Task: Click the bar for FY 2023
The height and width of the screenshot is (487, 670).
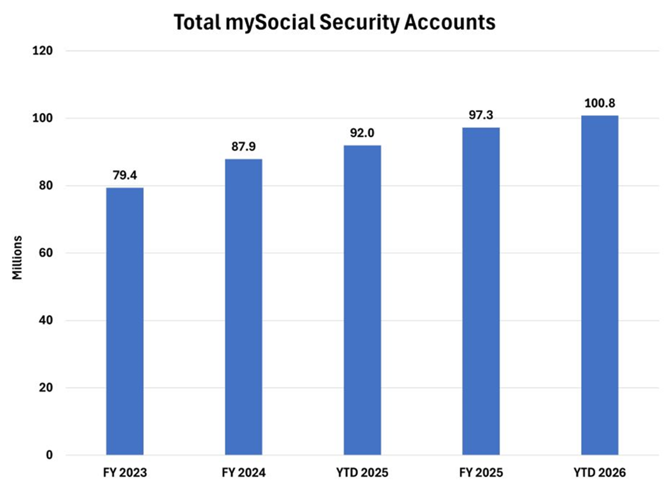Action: (x=125, y=321)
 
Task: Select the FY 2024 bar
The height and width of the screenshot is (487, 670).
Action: (x=243, y=307)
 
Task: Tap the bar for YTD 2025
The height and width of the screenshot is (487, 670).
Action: (x=362, y=300)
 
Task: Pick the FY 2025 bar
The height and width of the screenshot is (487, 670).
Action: (x=481, y=291)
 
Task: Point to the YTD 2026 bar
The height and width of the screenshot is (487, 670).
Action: (x=599, y=285)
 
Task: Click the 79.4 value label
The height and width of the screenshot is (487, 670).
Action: (x=125, y=176)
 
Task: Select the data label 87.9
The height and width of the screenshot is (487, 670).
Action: (x=243, y=147)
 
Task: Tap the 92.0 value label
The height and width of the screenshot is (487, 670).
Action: (x=362, y=133)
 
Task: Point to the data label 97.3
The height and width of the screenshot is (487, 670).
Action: (x=481, y=115)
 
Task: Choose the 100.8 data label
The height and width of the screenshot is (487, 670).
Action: (x=599, y=103)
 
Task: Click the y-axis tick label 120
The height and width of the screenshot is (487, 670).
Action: (x=42, y=51)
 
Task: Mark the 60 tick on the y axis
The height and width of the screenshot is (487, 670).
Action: (x=46, y=253)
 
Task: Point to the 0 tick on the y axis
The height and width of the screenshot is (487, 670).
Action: (x=49, y=455)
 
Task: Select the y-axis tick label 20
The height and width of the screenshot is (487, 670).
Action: (x=46, y=388)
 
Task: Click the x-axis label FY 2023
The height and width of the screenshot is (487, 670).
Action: (x=125, y=472)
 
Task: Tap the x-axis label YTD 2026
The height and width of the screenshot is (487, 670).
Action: (x=599, y=472)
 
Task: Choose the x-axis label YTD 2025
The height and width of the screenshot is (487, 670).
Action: (x=362, y=472)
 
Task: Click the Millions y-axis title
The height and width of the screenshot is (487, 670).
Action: (x=17, y=258)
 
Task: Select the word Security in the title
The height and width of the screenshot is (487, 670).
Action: (x=359, y=23)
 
